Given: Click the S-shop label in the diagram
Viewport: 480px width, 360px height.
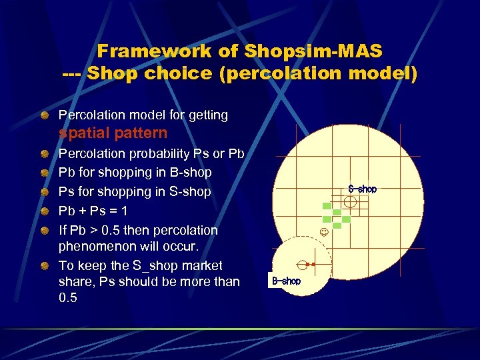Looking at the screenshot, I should coord(362,189).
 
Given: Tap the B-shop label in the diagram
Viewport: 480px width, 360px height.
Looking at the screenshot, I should coord(286,281).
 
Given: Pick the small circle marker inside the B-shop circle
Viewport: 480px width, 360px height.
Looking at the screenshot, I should coord(301,264).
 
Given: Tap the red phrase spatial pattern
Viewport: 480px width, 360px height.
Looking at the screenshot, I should coord(113,133).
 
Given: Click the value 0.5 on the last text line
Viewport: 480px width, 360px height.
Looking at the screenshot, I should coord(68,298).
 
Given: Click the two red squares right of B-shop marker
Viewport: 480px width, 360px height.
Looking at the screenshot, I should coord(310,265).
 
